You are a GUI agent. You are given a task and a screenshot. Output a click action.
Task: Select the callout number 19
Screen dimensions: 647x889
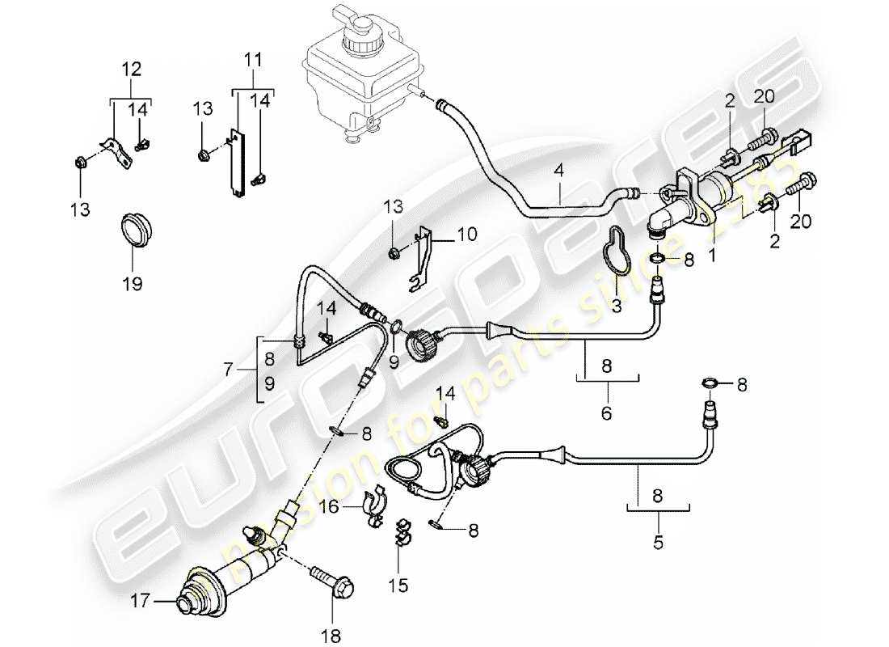[132, 284]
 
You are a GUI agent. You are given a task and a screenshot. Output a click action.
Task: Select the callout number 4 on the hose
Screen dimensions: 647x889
[558, 172]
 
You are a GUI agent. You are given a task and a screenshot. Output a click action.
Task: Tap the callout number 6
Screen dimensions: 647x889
[606, 413]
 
